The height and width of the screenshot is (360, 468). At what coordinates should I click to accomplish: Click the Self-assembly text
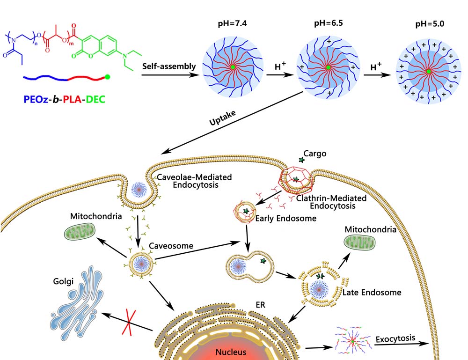click(x=169, y=66)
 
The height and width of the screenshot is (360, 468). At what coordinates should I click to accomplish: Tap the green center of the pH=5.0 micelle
click(x=428, y=72)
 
